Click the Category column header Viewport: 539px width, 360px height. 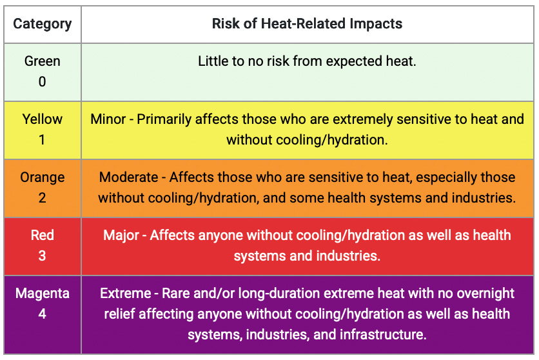[43, 24]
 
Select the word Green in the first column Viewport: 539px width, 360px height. [43, 61]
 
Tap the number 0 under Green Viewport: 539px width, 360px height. [42, 81]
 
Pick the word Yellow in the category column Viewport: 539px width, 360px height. [43, 119]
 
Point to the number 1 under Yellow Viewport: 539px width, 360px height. [42, 139]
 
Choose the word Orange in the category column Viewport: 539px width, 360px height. [43, 178]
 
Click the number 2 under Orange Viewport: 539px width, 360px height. [42, 197]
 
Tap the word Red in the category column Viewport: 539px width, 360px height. [43, 235]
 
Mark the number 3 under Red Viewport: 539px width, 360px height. [42, 255]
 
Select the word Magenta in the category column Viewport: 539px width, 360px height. [43, 294]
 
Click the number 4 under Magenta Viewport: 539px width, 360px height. [42, 314]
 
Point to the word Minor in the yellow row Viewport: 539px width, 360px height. [108, 119]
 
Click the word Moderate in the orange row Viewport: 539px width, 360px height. [128, 177]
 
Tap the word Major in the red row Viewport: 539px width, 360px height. [121, 235]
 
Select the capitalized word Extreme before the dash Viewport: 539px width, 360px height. [126, 294]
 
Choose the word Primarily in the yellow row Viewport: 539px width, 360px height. [164, 119]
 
